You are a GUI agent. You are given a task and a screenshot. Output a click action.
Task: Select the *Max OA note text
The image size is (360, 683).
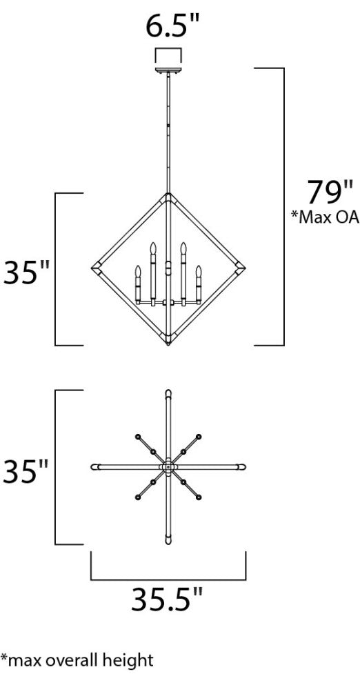[325, 218]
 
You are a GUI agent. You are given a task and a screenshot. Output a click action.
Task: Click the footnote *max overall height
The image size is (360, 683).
[77, 661]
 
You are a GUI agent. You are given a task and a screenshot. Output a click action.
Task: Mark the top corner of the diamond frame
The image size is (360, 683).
[168, 195]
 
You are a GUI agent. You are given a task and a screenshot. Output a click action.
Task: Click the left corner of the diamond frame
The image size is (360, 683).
[94, 267]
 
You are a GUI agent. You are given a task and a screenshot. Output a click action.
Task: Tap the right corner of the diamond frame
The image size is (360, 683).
[242, 267]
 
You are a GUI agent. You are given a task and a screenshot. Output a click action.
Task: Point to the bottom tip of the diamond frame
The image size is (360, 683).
[168, 342]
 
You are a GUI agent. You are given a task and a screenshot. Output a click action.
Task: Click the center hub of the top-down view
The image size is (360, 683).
[168, 468]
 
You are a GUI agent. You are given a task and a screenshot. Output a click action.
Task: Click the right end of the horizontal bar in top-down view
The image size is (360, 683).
[243, 468]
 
